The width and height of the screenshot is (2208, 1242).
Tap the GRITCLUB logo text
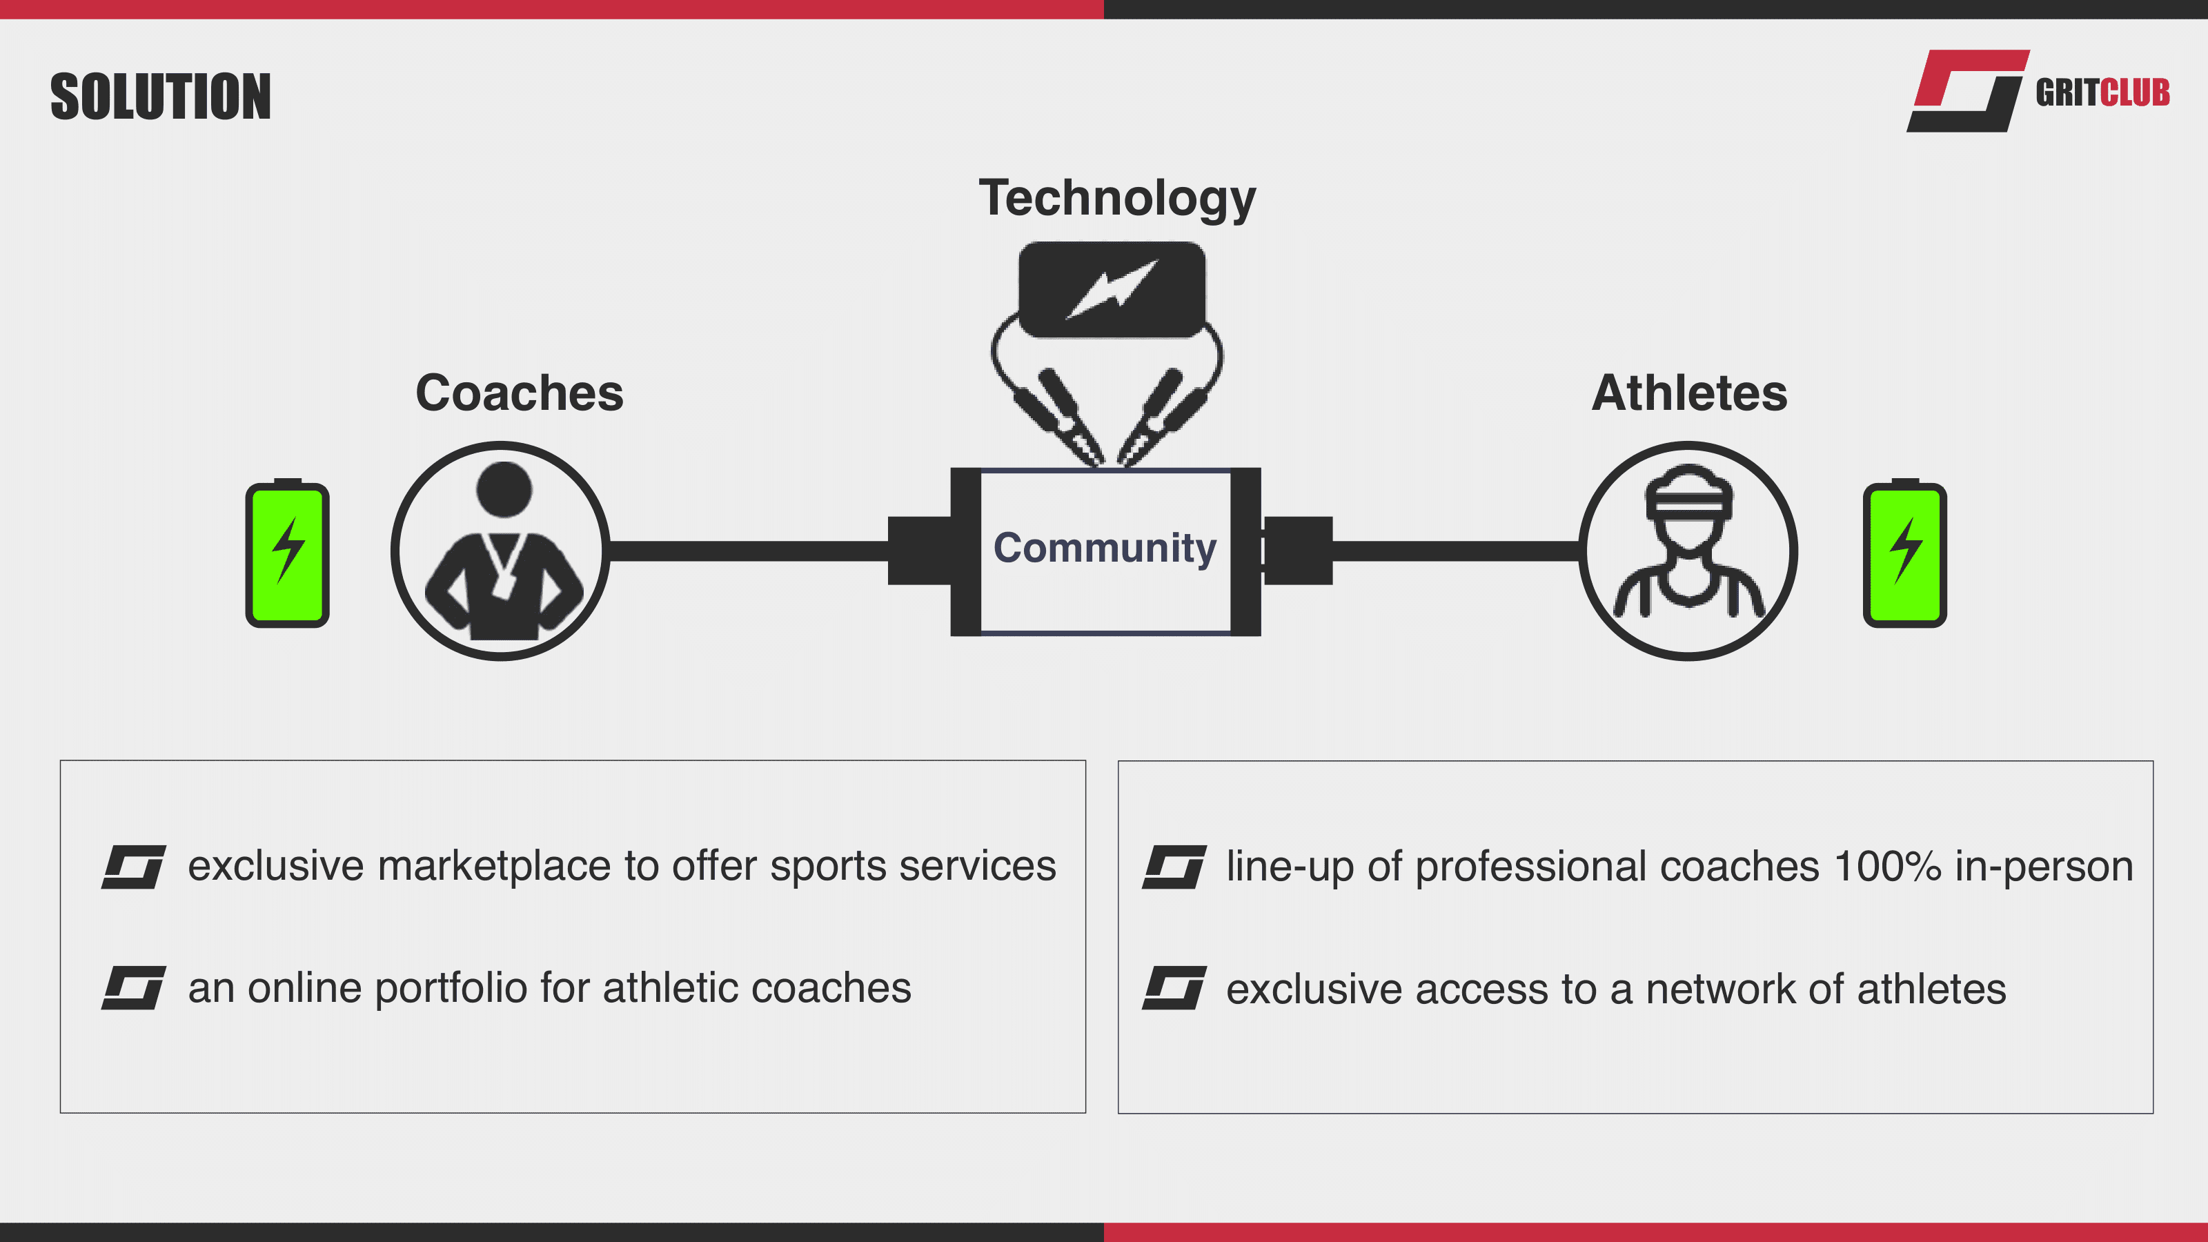click(2102, 92)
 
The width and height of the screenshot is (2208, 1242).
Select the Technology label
click(1117, 198)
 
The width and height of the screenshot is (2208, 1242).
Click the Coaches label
click(520, 393)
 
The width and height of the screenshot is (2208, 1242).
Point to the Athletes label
click(1688, 393)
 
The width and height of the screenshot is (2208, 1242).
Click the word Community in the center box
click(1105, 547)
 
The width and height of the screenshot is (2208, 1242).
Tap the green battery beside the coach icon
click(288, 553)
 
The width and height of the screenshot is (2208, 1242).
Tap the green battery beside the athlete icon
click(1904, 553)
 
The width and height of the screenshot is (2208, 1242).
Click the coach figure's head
click(504, 489)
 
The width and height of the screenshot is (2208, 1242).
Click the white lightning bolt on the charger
click(1112, 290)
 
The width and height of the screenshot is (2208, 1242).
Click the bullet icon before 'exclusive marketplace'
click(134, 867)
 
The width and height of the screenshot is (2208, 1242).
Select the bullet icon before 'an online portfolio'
click(134, 988)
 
